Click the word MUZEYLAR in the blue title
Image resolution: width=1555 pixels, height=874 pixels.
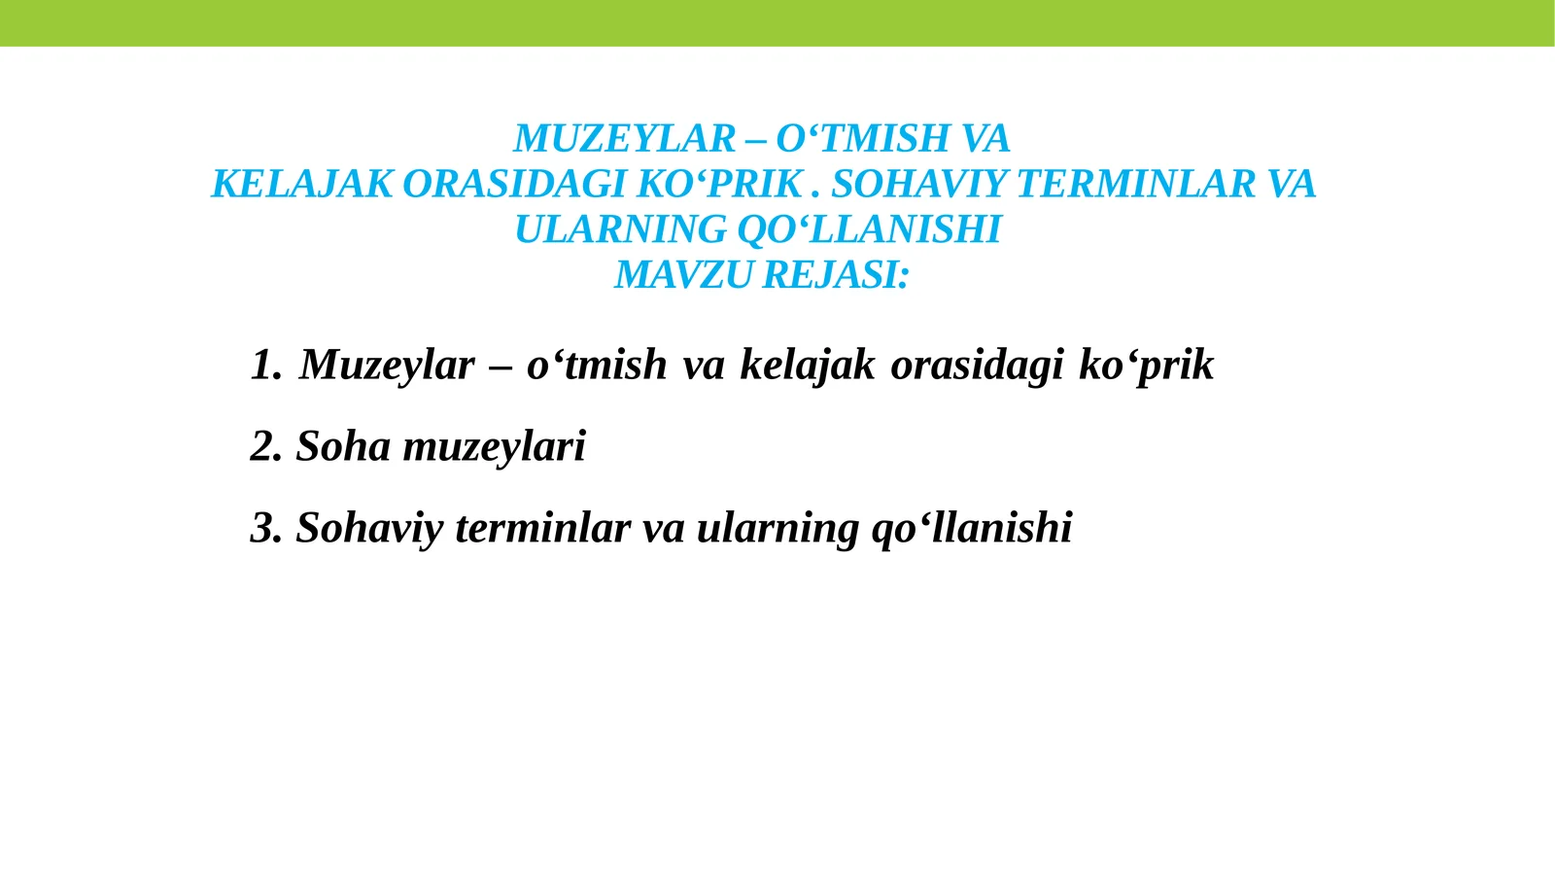coord(624,139)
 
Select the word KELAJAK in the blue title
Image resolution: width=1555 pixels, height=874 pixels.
coord(301,185)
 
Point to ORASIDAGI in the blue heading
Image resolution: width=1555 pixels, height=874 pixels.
coord(513,185)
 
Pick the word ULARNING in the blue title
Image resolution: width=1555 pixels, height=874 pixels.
coord(619,230)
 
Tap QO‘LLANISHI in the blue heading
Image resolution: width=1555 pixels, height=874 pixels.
coord(869,230)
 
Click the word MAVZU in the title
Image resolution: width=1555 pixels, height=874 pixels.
coord(684,275)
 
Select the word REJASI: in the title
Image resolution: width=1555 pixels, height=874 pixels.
coord(836,275)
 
